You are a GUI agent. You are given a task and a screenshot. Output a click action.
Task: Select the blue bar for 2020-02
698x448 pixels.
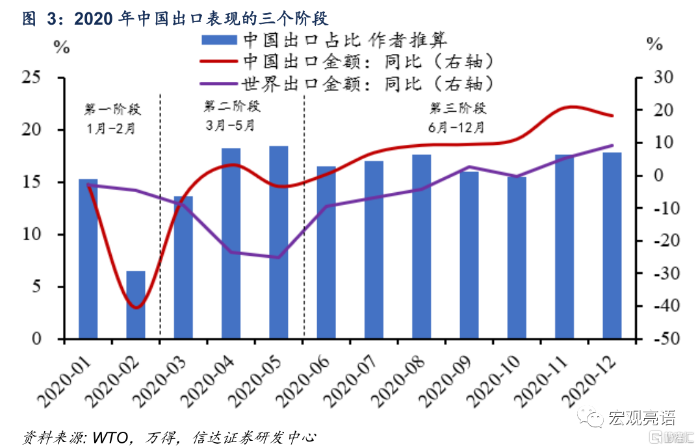tap(136, 305)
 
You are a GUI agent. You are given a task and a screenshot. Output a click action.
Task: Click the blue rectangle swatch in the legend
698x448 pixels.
tap(219, 40)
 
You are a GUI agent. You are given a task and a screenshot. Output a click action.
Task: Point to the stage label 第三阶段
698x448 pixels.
tap(458, 108)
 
